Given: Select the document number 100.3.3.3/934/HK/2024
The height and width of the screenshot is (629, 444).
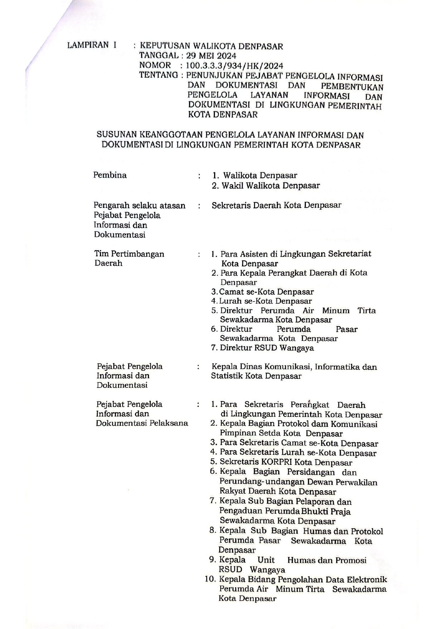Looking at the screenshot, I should [234, 66].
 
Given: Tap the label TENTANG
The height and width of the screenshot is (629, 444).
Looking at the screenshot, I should [158, 75].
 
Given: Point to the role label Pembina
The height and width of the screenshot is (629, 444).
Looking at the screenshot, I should [110, 175].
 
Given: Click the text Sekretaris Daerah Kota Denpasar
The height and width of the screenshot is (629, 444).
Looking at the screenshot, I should [276, 205].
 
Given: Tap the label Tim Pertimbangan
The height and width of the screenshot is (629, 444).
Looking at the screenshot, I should [129, 254].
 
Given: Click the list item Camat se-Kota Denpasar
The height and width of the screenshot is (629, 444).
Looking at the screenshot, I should [266, 292].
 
